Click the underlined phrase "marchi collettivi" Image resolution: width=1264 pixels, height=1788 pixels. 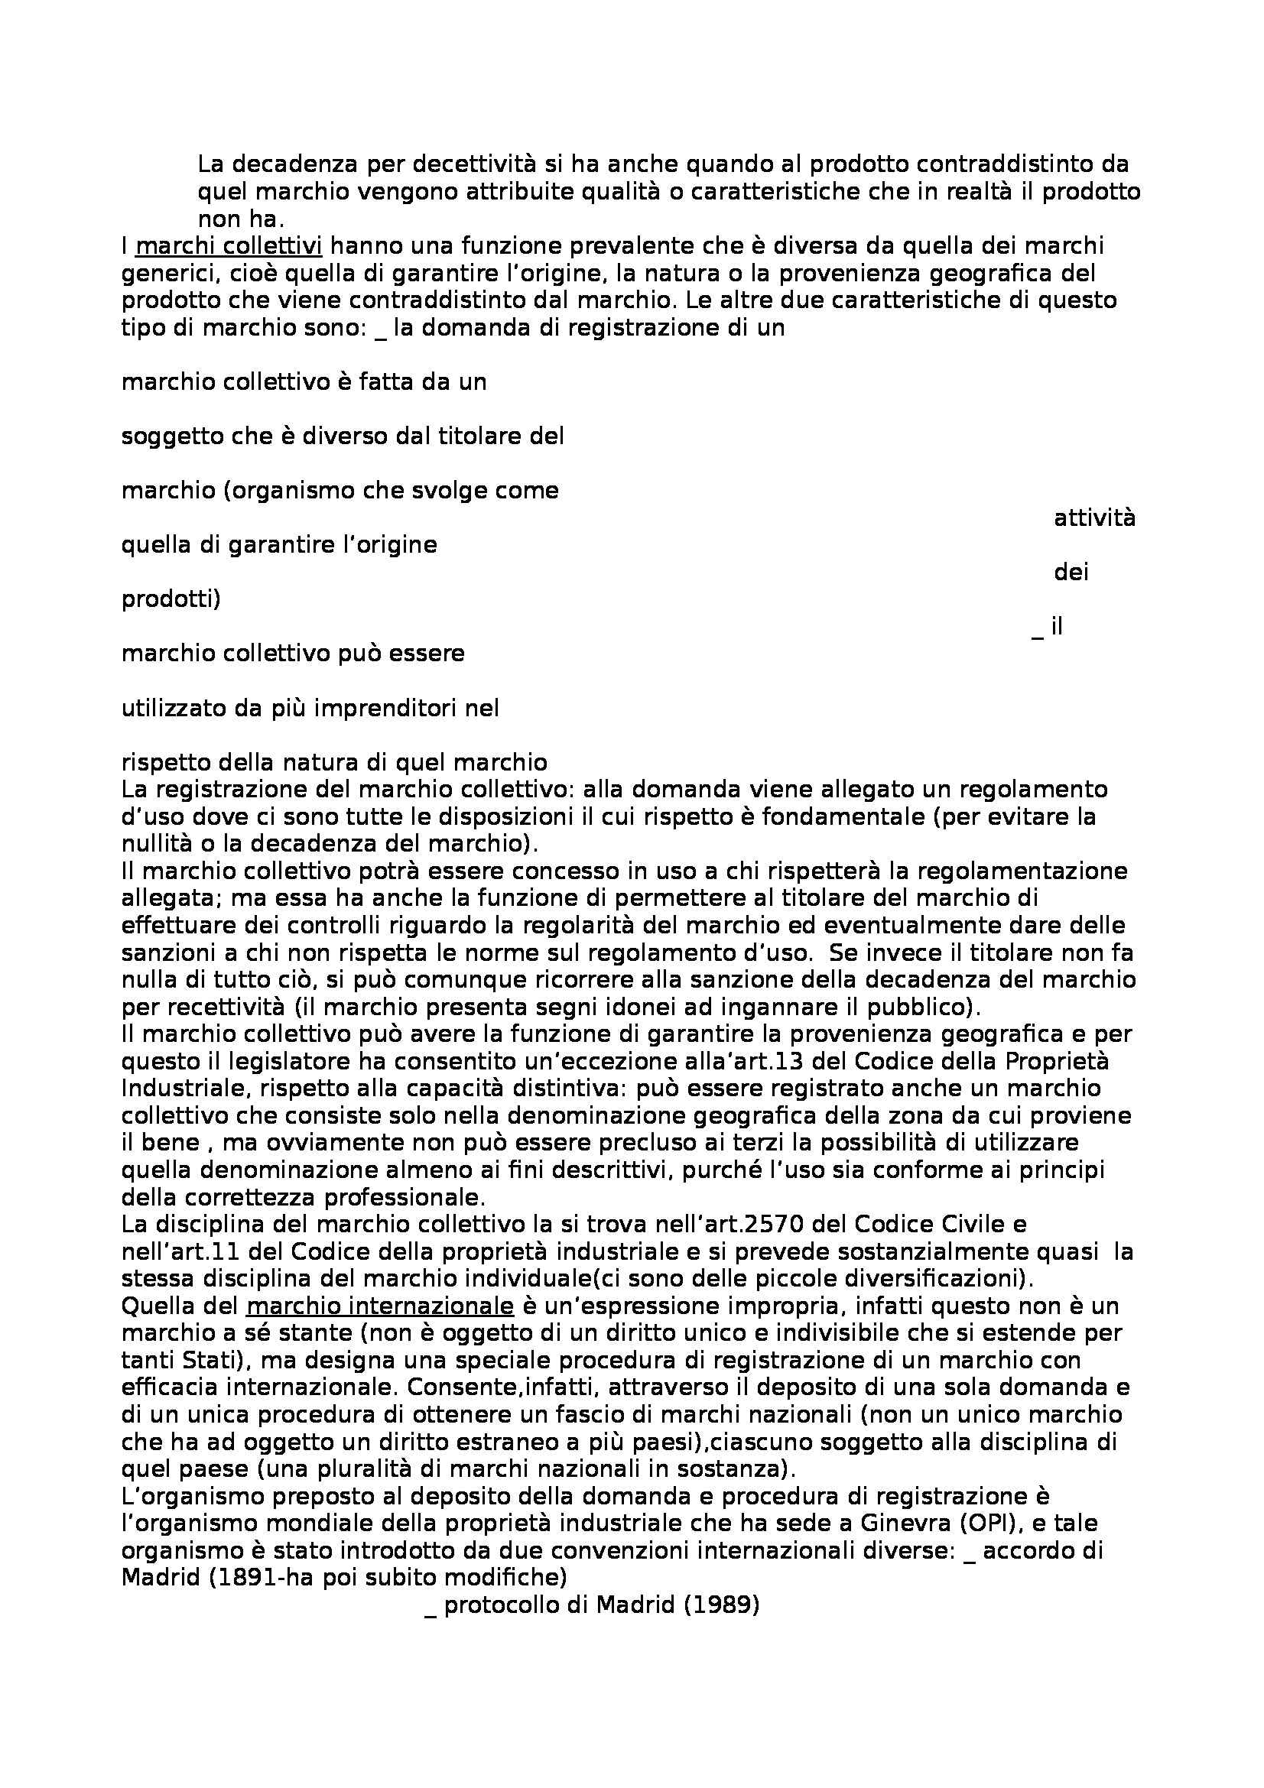(229, 247)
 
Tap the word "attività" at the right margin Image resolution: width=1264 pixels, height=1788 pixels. (1094, 518)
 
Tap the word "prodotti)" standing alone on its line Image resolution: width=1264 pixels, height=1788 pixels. (171, 599)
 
